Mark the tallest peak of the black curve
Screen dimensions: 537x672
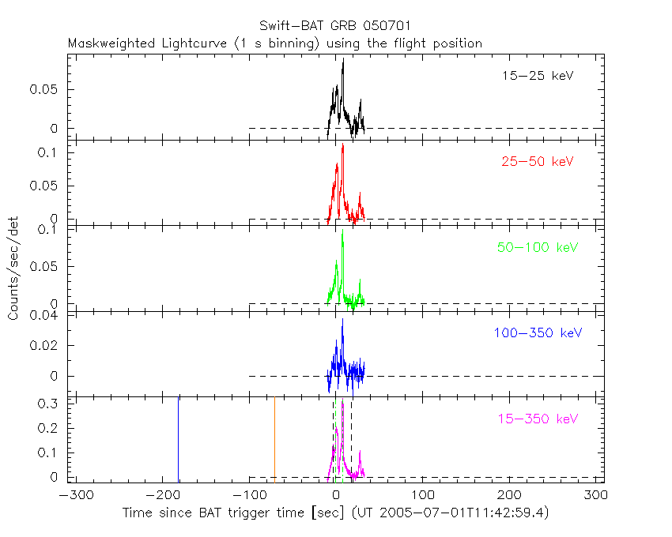(343, 61)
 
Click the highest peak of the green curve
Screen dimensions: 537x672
(342, 233)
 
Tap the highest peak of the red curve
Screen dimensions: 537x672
(342, 146)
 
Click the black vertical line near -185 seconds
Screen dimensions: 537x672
(178, 440)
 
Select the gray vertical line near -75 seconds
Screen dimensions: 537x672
(274, 440)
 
